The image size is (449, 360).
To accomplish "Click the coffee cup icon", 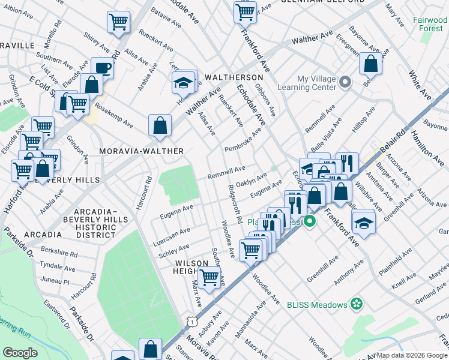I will click(103, 68).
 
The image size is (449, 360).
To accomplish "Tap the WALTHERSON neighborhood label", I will click(234, 78).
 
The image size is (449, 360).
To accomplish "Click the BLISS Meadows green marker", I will click(357, 304).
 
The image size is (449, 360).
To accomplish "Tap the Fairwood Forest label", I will click(430, 24).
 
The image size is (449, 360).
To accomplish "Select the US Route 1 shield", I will click(191, 322).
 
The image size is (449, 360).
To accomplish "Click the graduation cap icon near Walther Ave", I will click(183, 83).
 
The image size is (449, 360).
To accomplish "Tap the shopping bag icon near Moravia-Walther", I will click(160, 126).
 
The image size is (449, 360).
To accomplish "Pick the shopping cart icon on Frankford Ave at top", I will click(245, 11).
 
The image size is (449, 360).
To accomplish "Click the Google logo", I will click(20, 353).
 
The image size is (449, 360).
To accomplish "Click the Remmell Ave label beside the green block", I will click(226, 173).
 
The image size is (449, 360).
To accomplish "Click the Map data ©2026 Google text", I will click(412, 355).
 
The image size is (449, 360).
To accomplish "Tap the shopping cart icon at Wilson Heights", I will click(209, 278).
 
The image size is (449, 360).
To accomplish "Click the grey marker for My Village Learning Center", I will click(345, 82).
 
